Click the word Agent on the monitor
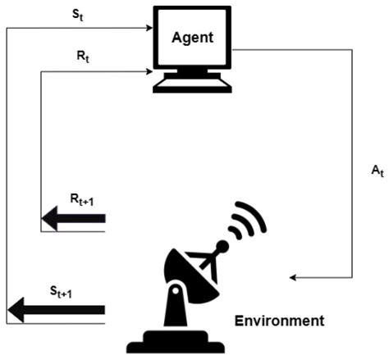[193, 38]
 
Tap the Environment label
[279, 320]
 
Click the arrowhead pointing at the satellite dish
[294, 278]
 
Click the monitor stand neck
[194, 74]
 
